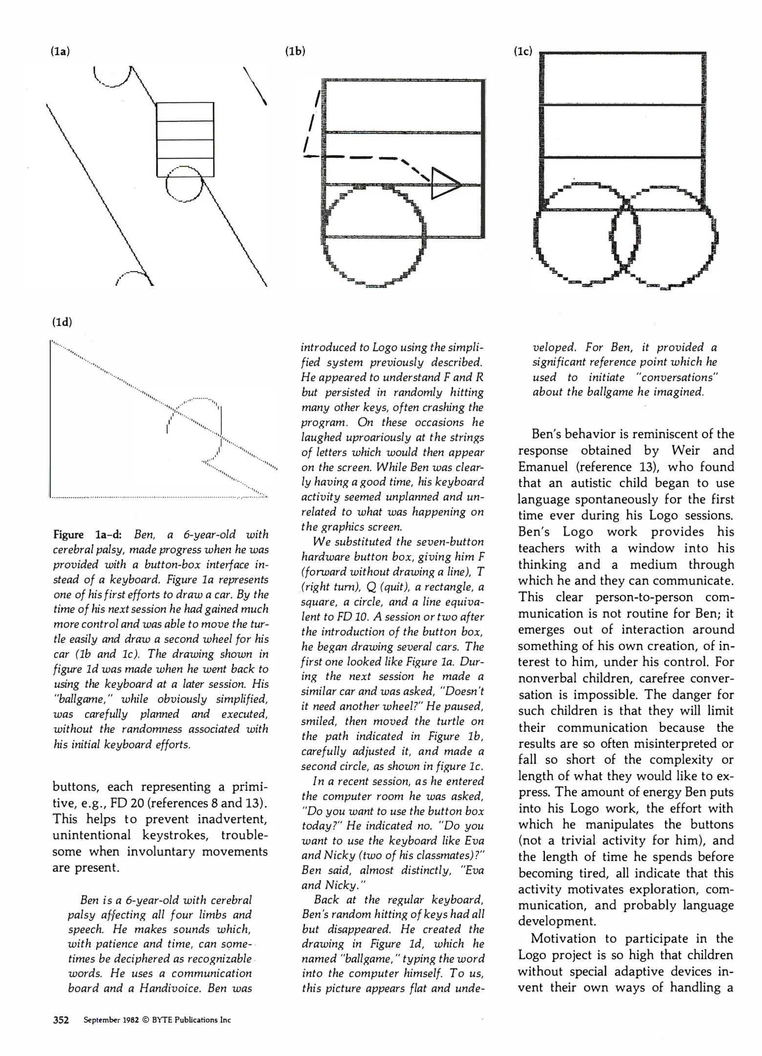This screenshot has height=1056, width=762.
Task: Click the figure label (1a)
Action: (x=60, y=51)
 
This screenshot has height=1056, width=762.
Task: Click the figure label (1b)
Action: (x=295, y=51)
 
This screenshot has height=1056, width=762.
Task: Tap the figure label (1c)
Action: (x=523, y=51)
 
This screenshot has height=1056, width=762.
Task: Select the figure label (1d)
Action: (x=62, y=322)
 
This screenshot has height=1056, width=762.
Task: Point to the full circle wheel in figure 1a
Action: (x=184, y=184)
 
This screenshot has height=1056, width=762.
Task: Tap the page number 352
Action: (x=61, y=1020)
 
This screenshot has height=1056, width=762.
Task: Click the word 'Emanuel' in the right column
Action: (x=543, y=467)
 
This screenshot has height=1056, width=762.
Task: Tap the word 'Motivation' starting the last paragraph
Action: (x=561, y=939)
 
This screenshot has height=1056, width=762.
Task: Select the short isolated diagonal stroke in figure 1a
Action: (x=255, y=86)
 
